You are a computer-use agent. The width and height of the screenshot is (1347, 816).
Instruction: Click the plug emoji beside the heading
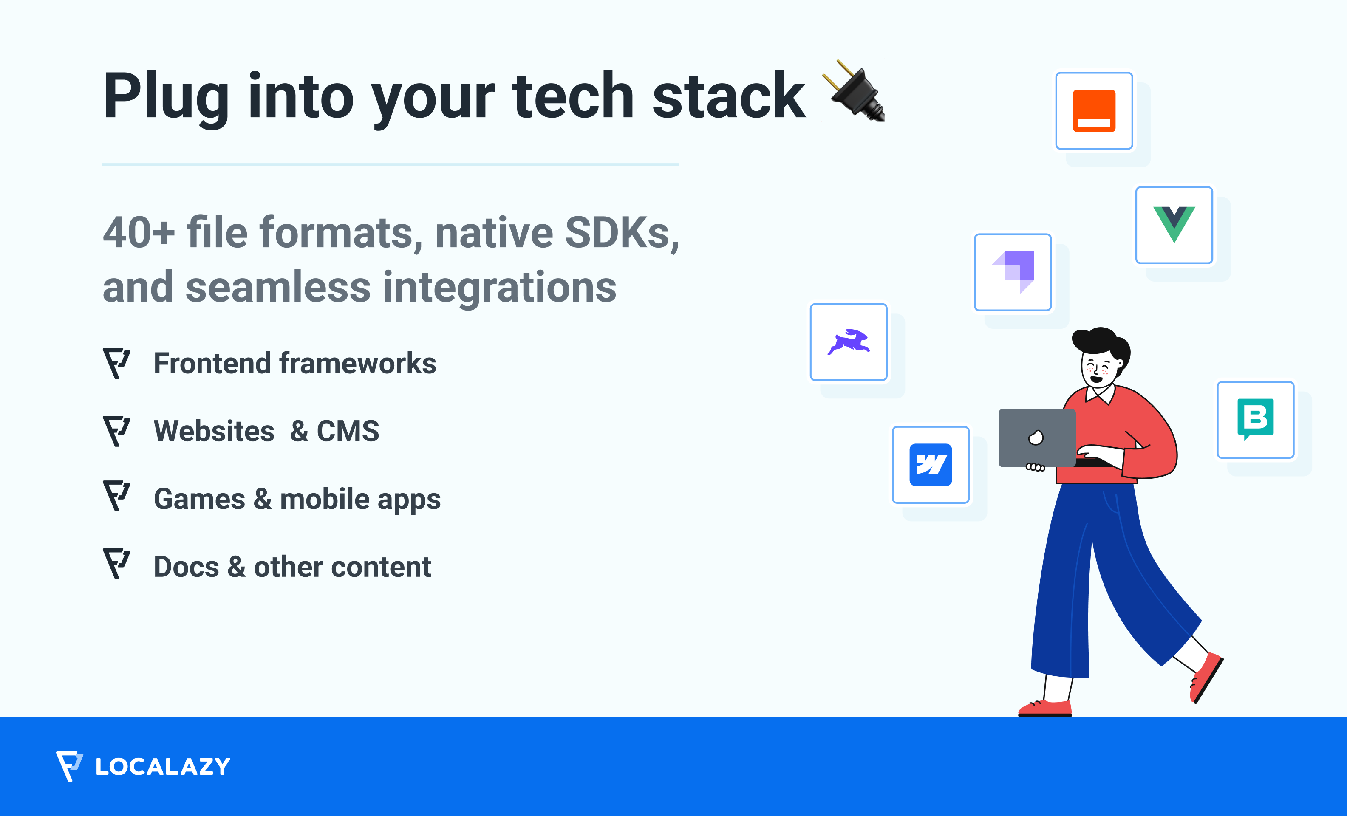pos(854,91)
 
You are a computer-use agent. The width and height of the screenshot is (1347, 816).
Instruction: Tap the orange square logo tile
pos(1094,110)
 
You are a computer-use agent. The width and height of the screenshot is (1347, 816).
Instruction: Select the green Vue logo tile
pos(1174,225)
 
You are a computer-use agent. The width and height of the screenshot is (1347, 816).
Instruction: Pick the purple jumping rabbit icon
pos(849,342)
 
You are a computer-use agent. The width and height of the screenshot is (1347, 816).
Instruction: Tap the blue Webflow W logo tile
pos(931,465)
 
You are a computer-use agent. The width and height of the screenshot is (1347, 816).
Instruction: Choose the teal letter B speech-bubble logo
pos(1255,419)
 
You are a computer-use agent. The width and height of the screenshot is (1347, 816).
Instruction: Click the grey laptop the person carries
pos(1036,438)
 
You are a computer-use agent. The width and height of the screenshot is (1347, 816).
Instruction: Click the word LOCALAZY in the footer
pos(163,766)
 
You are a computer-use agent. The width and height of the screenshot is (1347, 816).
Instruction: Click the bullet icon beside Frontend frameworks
pos(116,363)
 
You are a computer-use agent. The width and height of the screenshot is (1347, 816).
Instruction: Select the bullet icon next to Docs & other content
pos(116,564)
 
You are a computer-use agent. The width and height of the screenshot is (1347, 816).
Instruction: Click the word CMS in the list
pos(348,431)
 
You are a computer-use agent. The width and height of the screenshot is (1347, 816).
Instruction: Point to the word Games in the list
pos(200,499)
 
